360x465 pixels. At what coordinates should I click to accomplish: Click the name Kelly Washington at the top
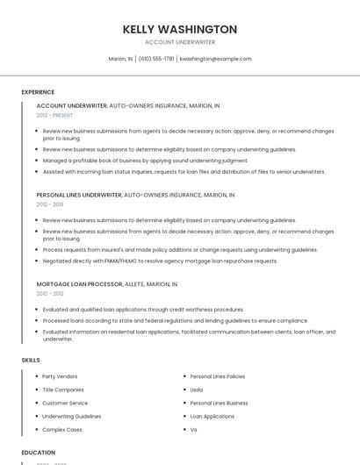tap(180, 29)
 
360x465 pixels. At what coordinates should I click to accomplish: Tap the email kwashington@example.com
tap(215, 59)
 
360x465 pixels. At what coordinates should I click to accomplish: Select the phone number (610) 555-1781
tap(156, 59)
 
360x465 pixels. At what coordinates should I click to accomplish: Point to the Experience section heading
tap(38, 92)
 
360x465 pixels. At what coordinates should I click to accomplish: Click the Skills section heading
tap(31, 360)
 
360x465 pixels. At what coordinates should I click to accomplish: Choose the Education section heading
tap(39, 452)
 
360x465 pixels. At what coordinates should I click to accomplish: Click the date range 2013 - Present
tap(55, 115)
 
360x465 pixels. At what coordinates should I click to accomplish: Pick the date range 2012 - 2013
tap(50, 204)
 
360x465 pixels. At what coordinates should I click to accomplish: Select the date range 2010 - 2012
tap(50, 294)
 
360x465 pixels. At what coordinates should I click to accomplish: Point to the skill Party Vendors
tap(60, 376)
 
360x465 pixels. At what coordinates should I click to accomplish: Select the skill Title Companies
tap(63, 390)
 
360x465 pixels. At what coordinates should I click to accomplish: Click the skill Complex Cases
tap(62, 430)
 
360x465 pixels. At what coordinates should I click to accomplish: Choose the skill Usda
tap(197, 390)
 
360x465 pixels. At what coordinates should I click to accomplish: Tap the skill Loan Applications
tap(212, 417)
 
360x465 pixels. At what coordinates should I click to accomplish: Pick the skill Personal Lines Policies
tap(218, 376)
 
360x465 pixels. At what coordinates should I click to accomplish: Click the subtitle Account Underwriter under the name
tap(180, 42)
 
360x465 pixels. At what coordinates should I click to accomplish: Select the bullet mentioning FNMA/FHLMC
tap(160, 261)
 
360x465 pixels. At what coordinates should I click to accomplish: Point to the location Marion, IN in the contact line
tap(120, 59)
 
